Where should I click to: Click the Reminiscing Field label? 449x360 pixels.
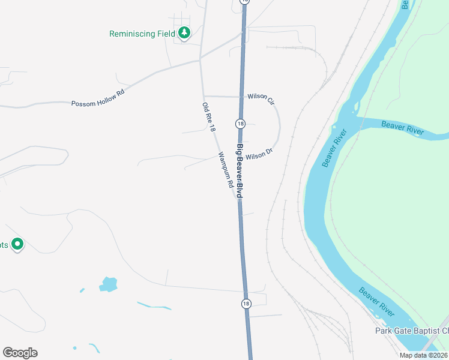[142, 34]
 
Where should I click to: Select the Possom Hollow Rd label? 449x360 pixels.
[98, 103]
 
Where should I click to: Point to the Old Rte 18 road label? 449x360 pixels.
[208, 117]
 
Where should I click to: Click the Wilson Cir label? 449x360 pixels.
[261, 97]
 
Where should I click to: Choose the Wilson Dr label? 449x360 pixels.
[259, 155]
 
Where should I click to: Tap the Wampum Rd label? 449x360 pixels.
[226, 170]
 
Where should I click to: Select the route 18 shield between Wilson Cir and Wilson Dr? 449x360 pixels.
[240, 124]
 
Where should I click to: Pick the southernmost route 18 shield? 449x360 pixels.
[246, 304]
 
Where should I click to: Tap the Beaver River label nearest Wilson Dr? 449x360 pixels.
[334, 148]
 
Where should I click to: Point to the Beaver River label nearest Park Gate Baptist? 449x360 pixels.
[377, 302]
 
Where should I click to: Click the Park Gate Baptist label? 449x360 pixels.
[412, 331]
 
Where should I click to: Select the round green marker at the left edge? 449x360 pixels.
[17, 244]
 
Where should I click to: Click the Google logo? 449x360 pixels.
[20, 353]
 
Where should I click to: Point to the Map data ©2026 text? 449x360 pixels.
[423, 355]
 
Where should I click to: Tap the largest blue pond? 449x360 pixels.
[109, 284]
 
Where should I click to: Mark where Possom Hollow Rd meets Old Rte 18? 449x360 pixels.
[200, 60]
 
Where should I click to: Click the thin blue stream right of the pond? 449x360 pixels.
[154, 306]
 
